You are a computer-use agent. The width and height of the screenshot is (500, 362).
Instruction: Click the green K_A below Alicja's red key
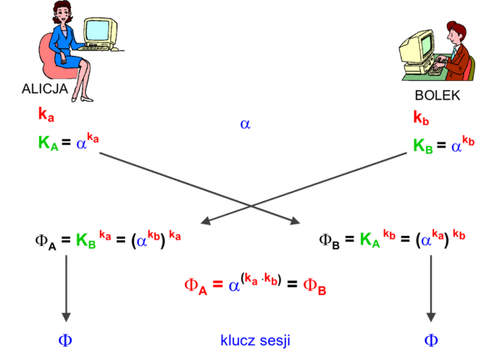pos(47,142)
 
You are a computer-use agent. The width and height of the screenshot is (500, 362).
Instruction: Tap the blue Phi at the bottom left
pos(66,340)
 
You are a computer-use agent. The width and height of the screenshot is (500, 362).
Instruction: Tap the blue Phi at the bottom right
pos(431,340)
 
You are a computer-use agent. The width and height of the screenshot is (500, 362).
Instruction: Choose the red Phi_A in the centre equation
pos(197,286)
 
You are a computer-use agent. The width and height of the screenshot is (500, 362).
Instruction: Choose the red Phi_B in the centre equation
pos(315,286)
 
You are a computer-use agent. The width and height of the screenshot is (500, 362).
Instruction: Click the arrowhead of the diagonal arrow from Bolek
pos(203,222)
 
